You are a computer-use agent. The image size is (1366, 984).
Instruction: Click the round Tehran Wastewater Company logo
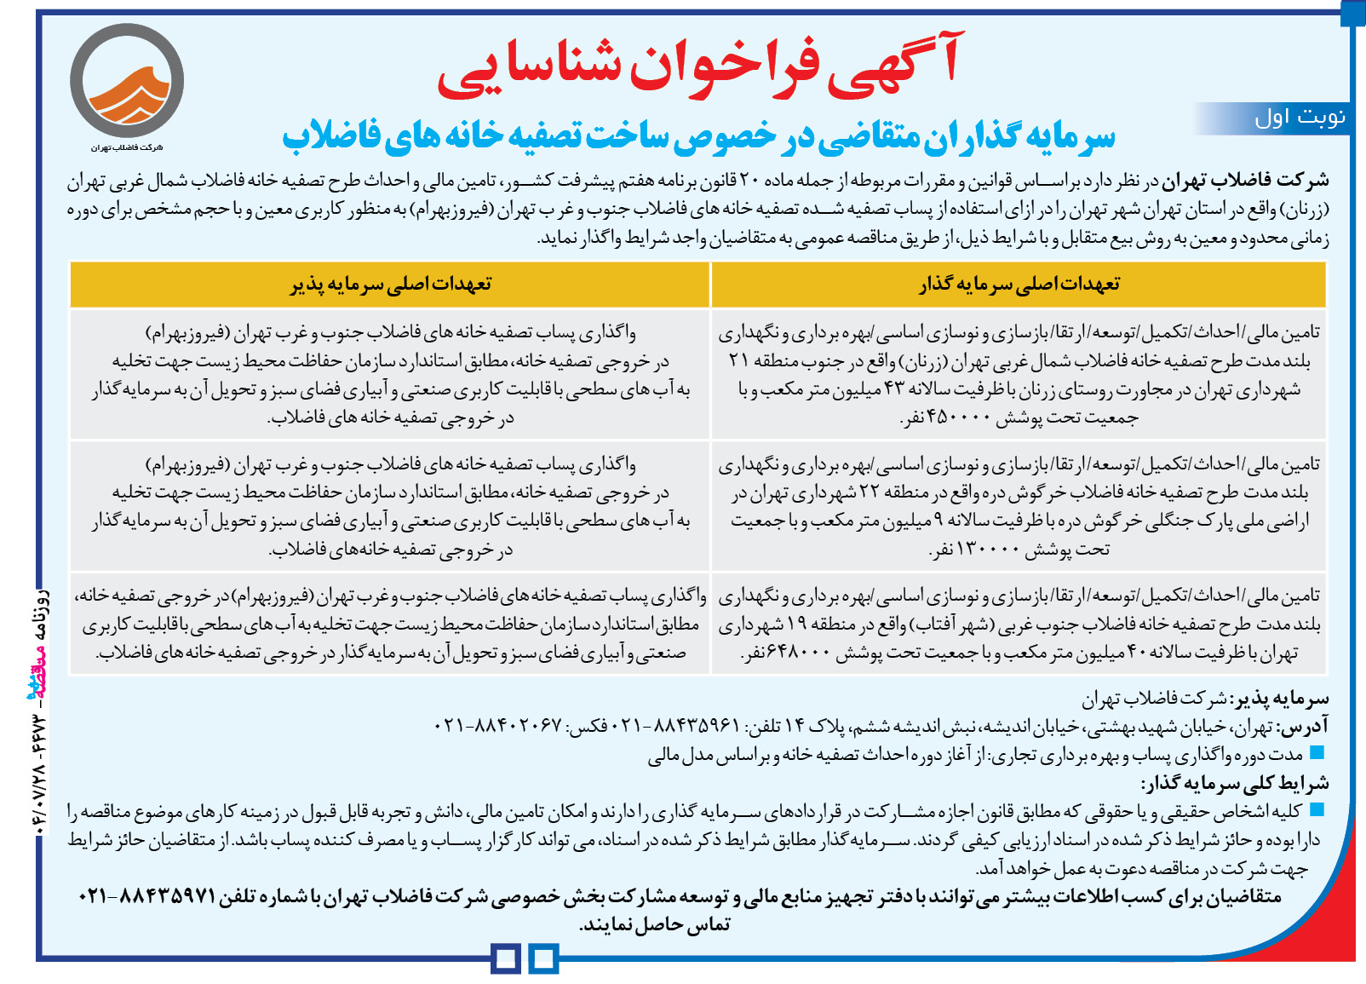(x=127, y=81)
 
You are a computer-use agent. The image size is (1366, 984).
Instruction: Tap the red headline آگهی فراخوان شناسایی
(x=698, y=64)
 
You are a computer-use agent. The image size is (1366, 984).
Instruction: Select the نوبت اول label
(x=1300, y=118)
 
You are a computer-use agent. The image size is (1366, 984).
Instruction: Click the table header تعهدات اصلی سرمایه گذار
(x=1019, y=285)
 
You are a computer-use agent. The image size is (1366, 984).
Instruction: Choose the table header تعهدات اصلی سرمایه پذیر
(x=390, y=285)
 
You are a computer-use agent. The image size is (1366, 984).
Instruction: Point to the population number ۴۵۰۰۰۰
(x=949, y=418)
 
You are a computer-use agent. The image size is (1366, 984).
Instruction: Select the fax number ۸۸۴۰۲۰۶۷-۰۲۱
(x=498, y=725)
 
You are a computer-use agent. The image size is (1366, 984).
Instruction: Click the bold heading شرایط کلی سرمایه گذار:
(x=1235, y=784)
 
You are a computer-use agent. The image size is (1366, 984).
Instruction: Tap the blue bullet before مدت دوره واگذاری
(x=1317, y=753)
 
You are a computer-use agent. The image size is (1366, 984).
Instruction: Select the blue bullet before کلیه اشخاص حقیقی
(x=1317, y=810)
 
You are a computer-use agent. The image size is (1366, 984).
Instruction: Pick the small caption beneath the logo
(x=127, y=147)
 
